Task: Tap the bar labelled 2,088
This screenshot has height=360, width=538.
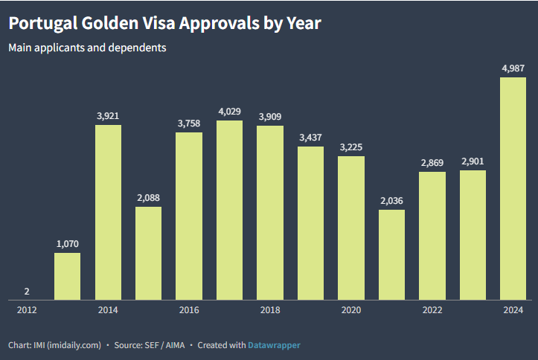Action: coord(148,254)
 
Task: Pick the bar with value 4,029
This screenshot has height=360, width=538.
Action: coord(229,210)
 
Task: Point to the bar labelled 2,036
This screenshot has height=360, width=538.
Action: coord(391,255)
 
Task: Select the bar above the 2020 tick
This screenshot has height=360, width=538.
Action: coord(351,228)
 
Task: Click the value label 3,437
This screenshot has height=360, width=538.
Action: coord(310,138)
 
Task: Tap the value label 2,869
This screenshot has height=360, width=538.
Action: coord(432,163)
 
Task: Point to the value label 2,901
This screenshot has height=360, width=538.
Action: coord(473,161)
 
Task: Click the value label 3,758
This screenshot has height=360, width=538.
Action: coord(189,123)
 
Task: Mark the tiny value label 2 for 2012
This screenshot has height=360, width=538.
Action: coord(27,291)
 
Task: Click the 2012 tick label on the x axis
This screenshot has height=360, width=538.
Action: coord(27,310)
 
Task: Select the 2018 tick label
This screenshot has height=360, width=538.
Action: coord(270,310)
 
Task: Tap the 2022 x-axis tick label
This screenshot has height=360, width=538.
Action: coord(432,310)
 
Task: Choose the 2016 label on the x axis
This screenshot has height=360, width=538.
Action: coord(189,310)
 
